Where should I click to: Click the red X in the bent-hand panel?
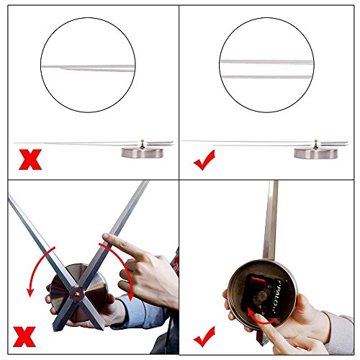point(30,158)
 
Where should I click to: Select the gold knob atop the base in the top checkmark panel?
point(318,143)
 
